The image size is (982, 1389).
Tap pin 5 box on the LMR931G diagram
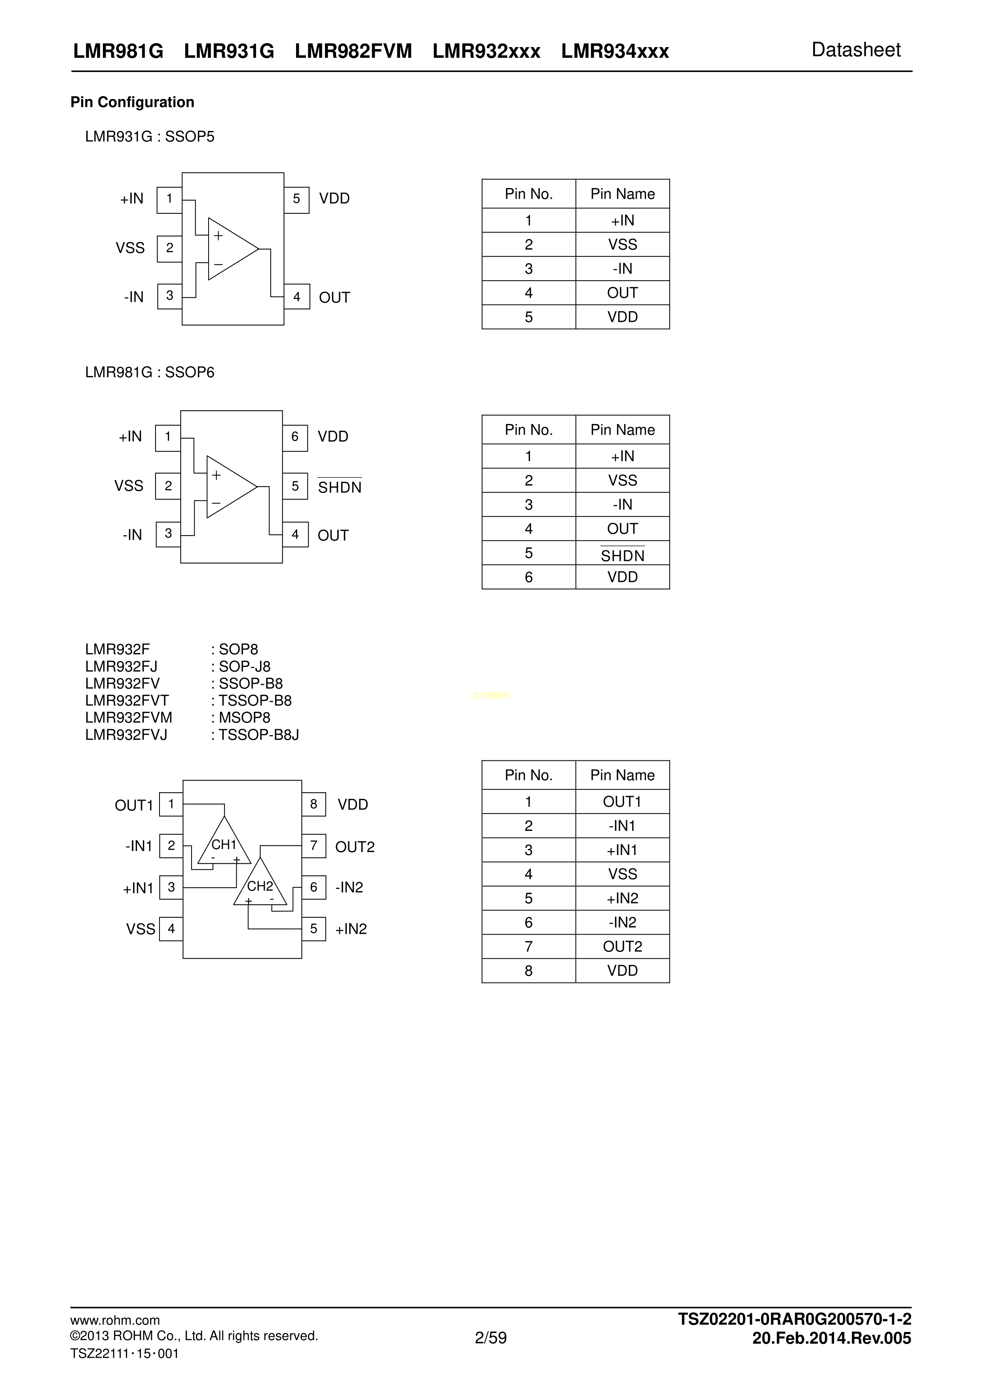coord(296,199)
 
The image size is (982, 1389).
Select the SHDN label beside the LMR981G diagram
coord(340,487)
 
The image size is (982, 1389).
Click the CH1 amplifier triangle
coord(224,844)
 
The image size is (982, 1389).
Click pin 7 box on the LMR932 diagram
coord(313,846)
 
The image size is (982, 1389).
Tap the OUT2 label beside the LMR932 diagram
coord(355,847)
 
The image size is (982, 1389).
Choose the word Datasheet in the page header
coord(856,50)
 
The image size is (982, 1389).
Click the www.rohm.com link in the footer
coord(115,1320)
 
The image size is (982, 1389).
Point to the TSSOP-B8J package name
coord(258,734)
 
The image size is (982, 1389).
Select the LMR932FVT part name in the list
coord(127,701)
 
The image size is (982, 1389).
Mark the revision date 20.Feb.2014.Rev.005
coord(831,1338)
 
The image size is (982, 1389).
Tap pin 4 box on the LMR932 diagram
coord(171,929)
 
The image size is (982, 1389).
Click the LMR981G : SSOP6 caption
coord(150,372)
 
